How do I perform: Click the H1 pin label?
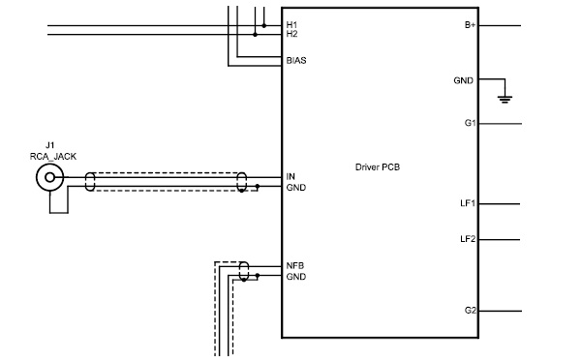point(291,25)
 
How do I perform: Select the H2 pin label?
point(291,34)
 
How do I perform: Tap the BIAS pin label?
point(296,60)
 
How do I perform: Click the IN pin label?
point(291,176)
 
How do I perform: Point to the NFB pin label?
point(295,265)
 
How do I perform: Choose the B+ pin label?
point(470,25)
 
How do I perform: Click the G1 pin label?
point(470,123)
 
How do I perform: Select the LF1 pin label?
point(468,203)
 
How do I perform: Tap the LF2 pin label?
point(468,239)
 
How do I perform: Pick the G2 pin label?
point(470,310)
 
